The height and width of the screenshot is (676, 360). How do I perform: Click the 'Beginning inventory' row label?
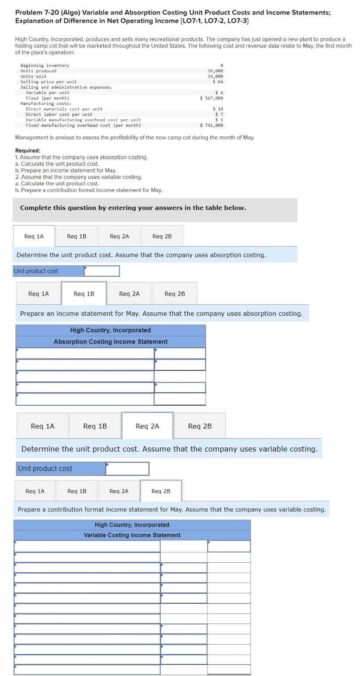point(45,66)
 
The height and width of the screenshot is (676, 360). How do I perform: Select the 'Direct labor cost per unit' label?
point(59,115)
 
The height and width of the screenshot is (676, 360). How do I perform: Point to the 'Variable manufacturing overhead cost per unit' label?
point(83,120)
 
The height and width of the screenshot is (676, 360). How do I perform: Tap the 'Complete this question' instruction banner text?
point(133,208)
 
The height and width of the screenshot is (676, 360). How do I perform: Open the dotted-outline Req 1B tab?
point(84,294)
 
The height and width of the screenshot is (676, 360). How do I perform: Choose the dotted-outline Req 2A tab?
point(147,426)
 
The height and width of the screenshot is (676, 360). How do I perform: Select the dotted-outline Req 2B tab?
point(161,491)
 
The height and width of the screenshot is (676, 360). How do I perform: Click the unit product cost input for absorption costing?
point(102,271)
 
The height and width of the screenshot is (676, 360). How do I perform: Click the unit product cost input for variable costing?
point(127,469)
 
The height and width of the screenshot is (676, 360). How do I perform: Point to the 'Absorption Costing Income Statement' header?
point(110,341)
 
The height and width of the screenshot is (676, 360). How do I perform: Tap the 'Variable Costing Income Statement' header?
point(132,535)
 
